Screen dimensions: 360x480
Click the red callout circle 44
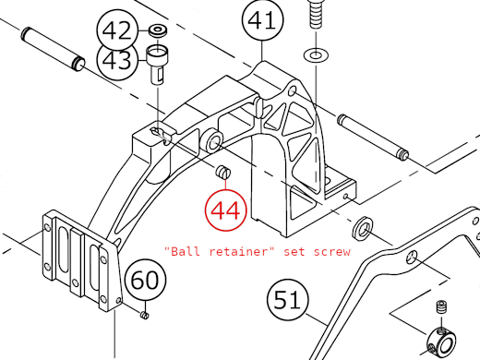(x=225, y=209)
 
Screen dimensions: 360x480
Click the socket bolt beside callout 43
(x=159, y=66)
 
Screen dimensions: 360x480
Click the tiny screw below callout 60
(x=145, y=317)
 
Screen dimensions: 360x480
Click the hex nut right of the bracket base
(x=363, y=226)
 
